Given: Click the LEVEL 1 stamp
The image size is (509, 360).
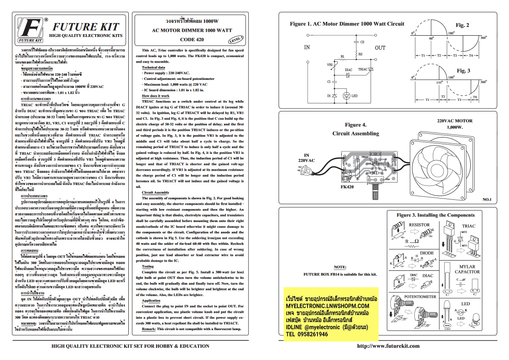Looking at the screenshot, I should click(236, 40).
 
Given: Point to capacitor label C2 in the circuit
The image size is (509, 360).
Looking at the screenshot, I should click(362, 42).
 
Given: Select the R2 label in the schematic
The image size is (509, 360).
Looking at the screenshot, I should click(361, 54).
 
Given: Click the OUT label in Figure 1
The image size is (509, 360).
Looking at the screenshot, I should click(380, 48).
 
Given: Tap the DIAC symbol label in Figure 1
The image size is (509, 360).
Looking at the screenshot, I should click(348, 70).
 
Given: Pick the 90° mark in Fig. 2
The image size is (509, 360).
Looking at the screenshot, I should click(431, 38).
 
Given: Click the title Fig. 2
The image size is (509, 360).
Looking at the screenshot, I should click(462, 25).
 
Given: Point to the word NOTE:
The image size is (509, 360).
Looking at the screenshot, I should click(339, 267).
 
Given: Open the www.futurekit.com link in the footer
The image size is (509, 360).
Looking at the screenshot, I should click(388, 346).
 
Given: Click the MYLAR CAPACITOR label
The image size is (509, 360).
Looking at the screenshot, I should click(464, 269).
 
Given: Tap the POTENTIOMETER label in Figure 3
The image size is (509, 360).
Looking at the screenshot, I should click(420, 296).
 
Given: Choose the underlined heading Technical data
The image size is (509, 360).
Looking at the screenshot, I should click(153, 67).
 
